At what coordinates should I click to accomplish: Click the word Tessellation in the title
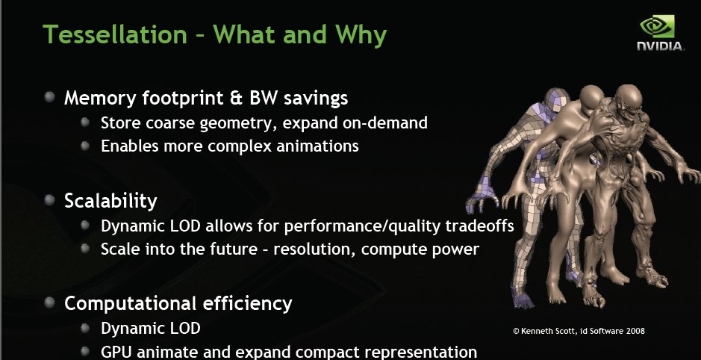115,34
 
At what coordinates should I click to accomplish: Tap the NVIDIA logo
660,33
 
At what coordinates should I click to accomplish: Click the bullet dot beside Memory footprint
49,96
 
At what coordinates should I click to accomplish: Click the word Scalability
110,201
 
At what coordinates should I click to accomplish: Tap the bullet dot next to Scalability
49,199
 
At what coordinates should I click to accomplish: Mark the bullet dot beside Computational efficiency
49,302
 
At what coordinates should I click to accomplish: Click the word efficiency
247,304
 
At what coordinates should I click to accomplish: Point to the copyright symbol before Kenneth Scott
517,332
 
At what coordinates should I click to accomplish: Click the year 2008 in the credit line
635,332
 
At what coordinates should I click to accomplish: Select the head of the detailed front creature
628,101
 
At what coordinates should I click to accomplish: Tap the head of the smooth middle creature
592,98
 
